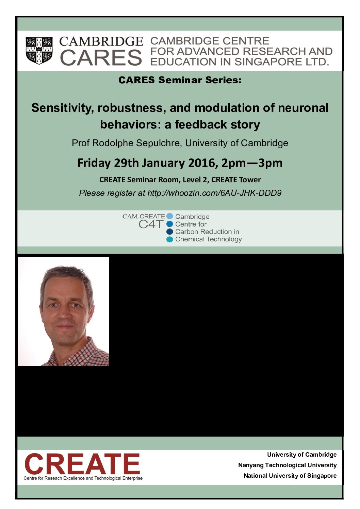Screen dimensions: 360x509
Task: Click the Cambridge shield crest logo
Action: point(39,50)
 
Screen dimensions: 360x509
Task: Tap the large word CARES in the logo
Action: point(101,58)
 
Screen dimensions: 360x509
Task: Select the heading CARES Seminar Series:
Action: point(180,80)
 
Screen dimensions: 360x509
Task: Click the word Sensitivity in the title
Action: point(62,108)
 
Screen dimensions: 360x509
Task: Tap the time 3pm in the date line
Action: point(270,164)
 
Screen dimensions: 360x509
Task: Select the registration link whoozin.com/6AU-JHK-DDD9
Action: point(214,193)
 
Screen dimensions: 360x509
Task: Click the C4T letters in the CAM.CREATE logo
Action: point(151,224)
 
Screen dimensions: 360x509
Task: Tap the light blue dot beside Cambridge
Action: point(170,216)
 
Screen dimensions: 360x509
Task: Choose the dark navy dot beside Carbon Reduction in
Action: point(170,232)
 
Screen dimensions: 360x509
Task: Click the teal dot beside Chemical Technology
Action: point(170,239)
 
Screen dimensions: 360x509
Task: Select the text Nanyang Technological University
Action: point(287,465)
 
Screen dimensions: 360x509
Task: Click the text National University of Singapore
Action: point(290,476)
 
